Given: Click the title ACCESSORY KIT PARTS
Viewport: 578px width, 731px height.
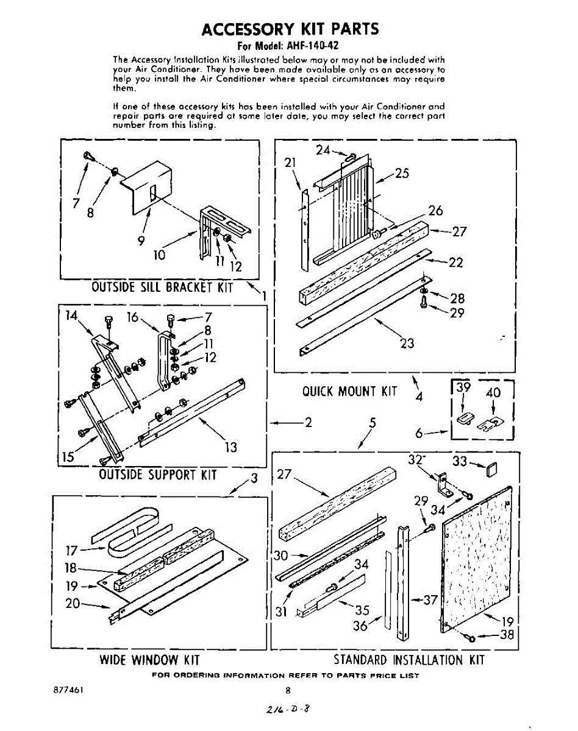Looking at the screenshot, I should point(290,29).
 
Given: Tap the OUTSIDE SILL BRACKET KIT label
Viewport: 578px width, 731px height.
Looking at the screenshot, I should point(162,287).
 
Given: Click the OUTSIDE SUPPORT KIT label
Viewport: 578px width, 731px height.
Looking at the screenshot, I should point(158,474).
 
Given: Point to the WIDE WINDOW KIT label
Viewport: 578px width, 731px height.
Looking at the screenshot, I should point(149,660).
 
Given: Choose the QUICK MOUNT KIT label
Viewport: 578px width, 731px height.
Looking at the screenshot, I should point(349,391).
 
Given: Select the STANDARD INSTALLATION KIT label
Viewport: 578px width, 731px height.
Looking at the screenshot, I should point(409,660).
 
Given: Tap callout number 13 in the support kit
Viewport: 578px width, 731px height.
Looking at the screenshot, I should point(230,448).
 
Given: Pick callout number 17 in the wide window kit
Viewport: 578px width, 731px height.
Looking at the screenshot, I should point(72,551).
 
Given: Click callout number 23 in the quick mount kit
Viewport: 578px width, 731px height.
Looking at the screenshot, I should point(406,343).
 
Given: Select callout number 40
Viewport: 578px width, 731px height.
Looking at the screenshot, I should point(493,393).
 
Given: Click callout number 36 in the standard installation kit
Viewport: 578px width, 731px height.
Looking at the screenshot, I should point(360,626).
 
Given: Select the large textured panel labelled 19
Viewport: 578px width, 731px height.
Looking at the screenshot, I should point(476,560).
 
